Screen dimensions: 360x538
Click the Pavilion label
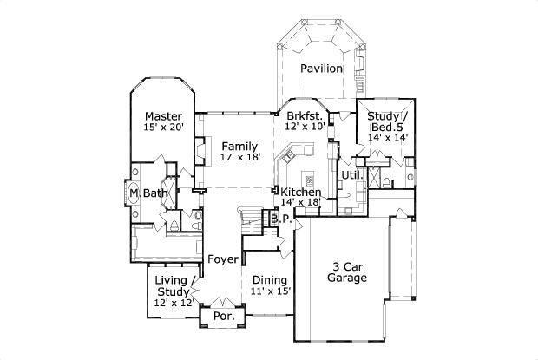(321, 69)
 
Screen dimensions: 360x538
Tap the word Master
(162, 116)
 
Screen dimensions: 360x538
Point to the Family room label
(238, 146)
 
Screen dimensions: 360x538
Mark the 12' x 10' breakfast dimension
(305, 127)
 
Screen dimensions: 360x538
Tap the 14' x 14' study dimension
(387, 136)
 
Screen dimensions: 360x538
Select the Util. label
(351, 175)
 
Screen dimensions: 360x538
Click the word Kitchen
(301, 192)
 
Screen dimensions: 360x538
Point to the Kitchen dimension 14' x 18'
(301, 202)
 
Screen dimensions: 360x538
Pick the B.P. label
(279, 219)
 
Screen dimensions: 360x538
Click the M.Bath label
(149, 193)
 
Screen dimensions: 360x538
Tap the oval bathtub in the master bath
(134, 193)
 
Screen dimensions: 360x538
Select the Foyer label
(223, 259)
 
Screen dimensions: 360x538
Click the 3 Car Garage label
(347, 272)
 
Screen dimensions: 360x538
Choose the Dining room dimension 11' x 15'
(270, 292)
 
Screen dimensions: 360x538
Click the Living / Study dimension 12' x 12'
(173, 303)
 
